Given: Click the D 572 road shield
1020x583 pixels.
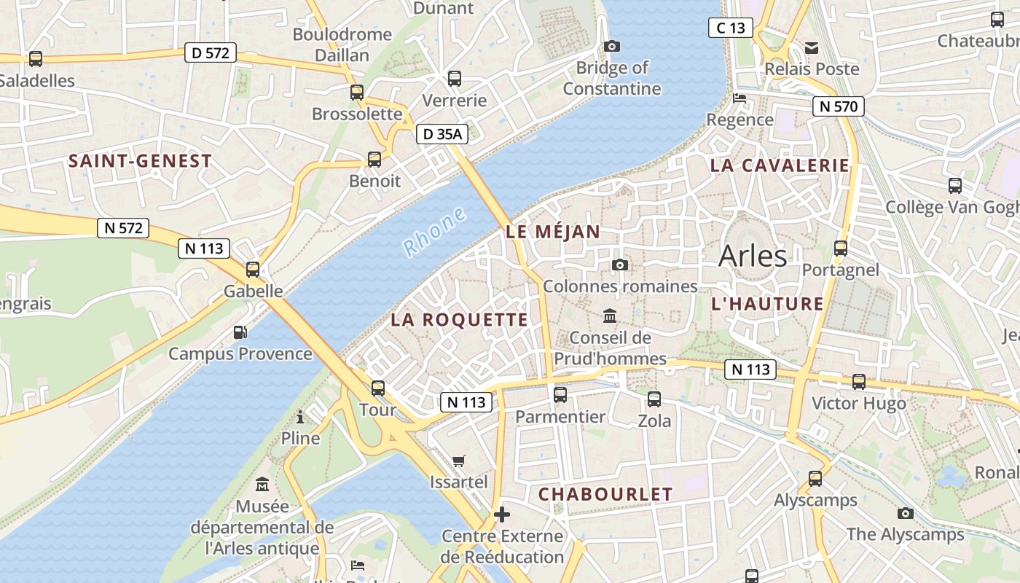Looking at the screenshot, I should point(211,52).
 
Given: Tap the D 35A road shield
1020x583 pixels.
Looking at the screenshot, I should point(442,134).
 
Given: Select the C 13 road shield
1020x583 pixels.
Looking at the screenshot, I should point(731,28).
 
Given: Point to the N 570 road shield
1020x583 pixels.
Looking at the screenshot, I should point(839,106).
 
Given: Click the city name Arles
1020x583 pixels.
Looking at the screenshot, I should point(753,256).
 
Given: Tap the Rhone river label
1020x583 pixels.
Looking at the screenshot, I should point(434,231).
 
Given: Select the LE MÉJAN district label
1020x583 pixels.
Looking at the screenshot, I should point(553,232).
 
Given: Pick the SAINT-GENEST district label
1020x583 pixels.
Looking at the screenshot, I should point(140,161).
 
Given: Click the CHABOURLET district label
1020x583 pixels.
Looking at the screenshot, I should point(605,494).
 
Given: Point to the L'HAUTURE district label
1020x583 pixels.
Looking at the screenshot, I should point(767,304).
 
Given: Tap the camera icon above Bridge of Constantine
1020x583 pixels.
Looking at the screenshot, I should point(612,47).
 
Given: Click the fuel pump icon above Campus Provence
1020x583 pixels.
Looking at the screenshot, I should point(240,332).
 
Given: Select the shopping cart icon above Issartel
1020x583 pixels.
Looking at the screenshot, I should point(458,461).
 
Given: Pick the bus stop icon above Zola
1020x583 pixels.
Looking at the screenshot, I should point(654,399).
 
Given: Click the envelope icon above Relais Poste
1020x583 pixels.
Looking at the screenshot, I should point(812,48).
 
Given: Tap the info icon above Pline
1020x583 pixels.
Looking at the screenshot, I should point(300,417).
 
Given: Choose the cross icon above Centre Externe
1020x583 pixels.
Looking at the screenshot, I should point(502,514).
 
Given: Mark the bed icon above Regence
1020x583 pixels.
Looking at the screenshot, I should point(739,98).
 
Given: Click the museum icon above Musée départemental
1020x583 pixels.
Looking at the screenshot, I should point(262,484).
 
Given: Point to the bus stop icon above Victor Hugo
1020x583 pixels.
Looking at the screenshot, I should point(859,382).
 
